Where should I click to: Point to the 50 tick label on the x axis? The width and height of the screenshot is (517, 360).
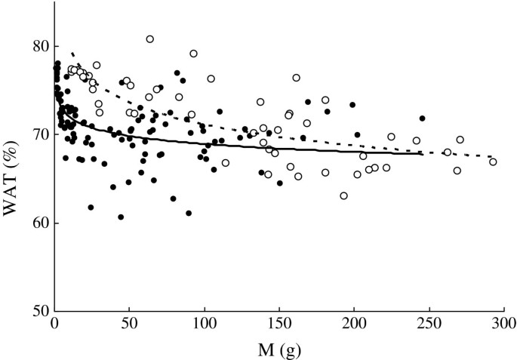(129, 325)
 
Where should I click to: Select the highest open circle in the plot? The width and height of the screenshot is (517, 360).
(150, 39)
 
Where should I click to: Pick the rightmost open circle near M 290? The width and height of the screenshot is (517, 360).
(493, 162)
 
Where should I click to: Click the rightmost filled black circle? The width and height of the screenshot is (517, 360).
(423, 118)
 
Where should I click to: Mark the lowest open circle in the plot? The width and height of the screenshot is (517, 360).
(344, 195)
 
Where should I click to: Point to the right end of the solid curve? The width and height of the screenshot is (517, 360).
(421, 153)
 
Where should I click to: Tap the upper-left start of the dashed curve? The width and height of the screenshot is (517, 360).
(72, 54)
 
